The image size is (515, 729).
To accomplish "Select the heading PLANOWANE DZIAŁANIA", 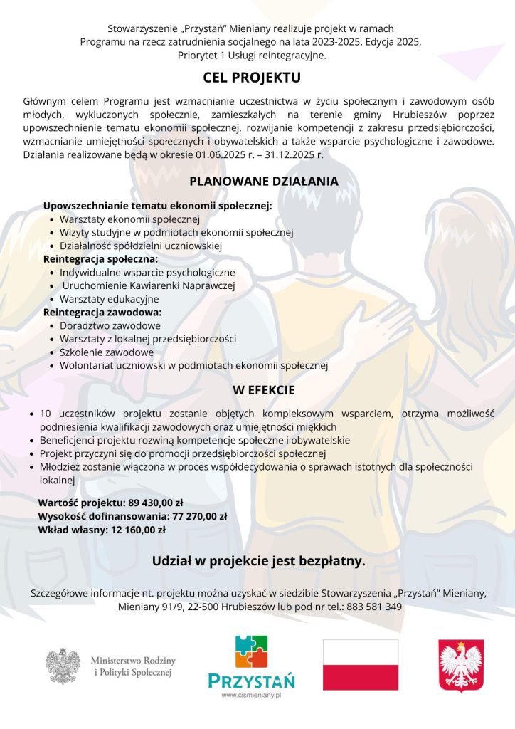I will [263, 182].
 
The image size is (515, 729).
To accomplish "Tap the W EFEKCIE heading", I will [263, 390].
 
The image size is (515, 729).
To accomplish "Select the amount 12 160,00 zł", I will [139, 530].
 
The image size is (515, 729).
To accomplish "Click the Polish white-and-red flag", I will [361, 664].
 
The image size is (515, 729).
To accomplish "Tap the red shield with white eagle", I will [461, 665].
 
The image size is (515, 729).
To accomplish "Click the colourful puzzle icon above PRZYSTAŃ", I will [251, 651].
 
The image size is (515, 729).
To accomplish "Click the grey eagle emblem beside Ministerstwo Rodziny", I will [63, 666].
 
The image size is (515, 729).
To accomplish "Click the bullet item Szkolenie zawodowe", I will [107, 352].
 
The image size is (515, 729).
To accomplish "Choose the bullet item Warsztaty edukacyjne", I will [109, 299].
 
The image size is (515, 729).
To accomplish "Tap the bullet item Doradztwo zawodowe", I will [110, 325].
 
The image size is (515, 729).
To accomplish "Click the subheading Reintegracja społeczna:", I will [100, 259].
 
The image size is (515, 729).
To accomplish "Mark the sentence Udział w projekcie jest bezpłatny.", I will [258, 562].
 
